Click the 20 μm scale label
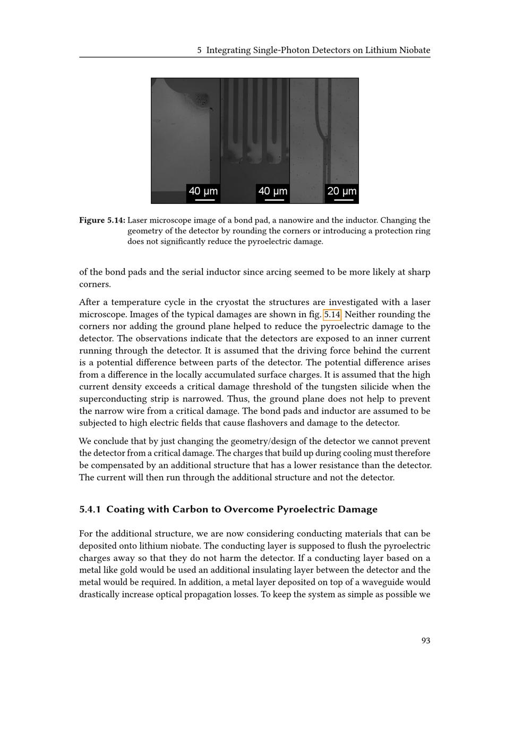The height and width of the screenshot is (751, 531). click(x=341, y=191)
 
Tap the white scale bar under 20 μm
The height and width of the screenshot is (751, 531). click(x=344, y=200)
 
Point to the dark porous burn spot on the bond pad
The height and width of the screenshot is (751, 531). click(x=201, y=99)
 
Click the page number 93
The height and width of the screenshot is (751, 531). click(x=425, y=641)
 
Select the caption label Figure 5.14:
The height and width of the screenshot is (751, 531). click(x=102, y=220)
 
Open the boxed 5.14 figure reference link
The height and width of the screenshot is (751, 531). click(x=332, y=314)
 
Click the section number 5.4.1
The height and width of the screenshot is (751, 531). click(x=90, y=509)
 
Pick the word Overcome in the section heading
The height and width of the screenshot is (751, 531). click(x=248, y=509)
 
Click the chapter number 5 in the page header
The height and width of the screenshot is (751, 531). click(x=199, y=50)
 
